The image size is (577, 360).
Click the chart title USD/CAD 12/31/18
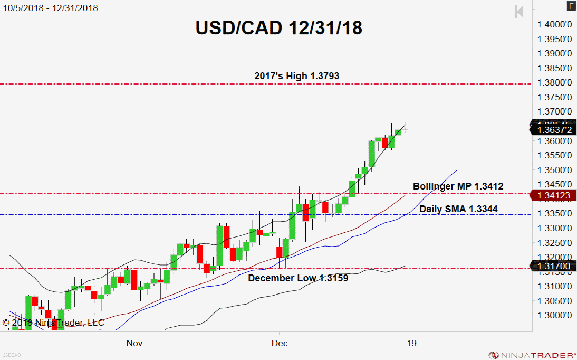279,27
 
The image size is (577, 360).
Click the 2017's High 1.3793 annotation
296,76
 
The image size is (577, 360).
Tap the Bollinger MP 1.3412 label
458,186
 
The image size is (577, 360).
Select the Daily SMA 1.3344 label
458,209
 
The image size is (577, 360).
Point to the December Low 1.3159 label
298,278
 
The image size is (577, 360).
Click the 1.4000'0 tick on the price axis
555,24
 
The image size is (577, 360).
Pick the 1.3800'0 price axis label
555,82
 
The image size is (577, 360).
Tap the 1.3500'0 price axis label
555,170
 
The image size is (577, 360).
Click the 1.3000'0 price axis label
555,315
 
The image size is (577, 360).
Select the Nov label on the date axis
134,343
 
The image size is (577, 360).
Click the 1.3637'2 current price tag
552,129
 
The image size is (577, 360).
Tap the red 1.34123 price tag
552,196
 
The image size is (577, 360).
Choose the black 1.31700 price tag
552,266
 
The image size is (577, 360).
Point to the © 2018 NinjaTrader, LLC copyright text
53,322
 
